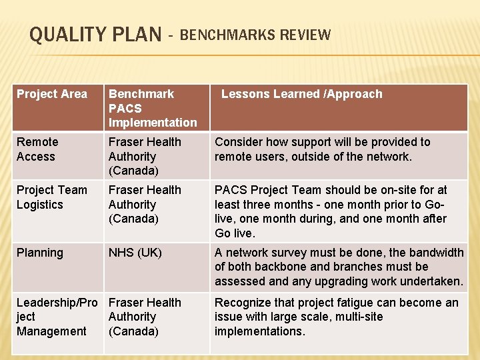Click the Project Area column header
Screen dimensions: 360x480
pos(51,94)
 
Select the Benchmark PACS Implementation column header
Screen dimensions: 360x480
pos(153,108)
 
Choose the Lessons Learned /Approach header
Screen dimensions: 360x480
pos(301,94)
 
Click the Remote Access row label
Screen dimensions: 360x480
pos(37,149)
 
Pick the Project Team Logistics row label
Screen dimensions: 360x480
pos(51,197)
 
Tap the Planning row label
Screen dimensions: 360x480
pos(40,253)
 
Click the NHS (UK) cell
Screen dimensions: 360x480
pos(135,253)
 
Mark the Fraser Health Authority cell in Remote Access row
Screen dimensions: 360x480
pos(144,156)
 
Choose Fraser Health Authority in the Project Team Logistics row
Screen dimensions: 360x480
pos(144,204)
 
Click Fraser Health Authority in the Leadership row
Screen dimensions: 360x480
pos(144,317)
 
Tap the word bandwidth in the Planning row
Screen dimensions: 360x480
pos(436,253)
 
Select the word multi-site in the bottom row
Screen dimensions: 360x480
pos(355,317)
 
